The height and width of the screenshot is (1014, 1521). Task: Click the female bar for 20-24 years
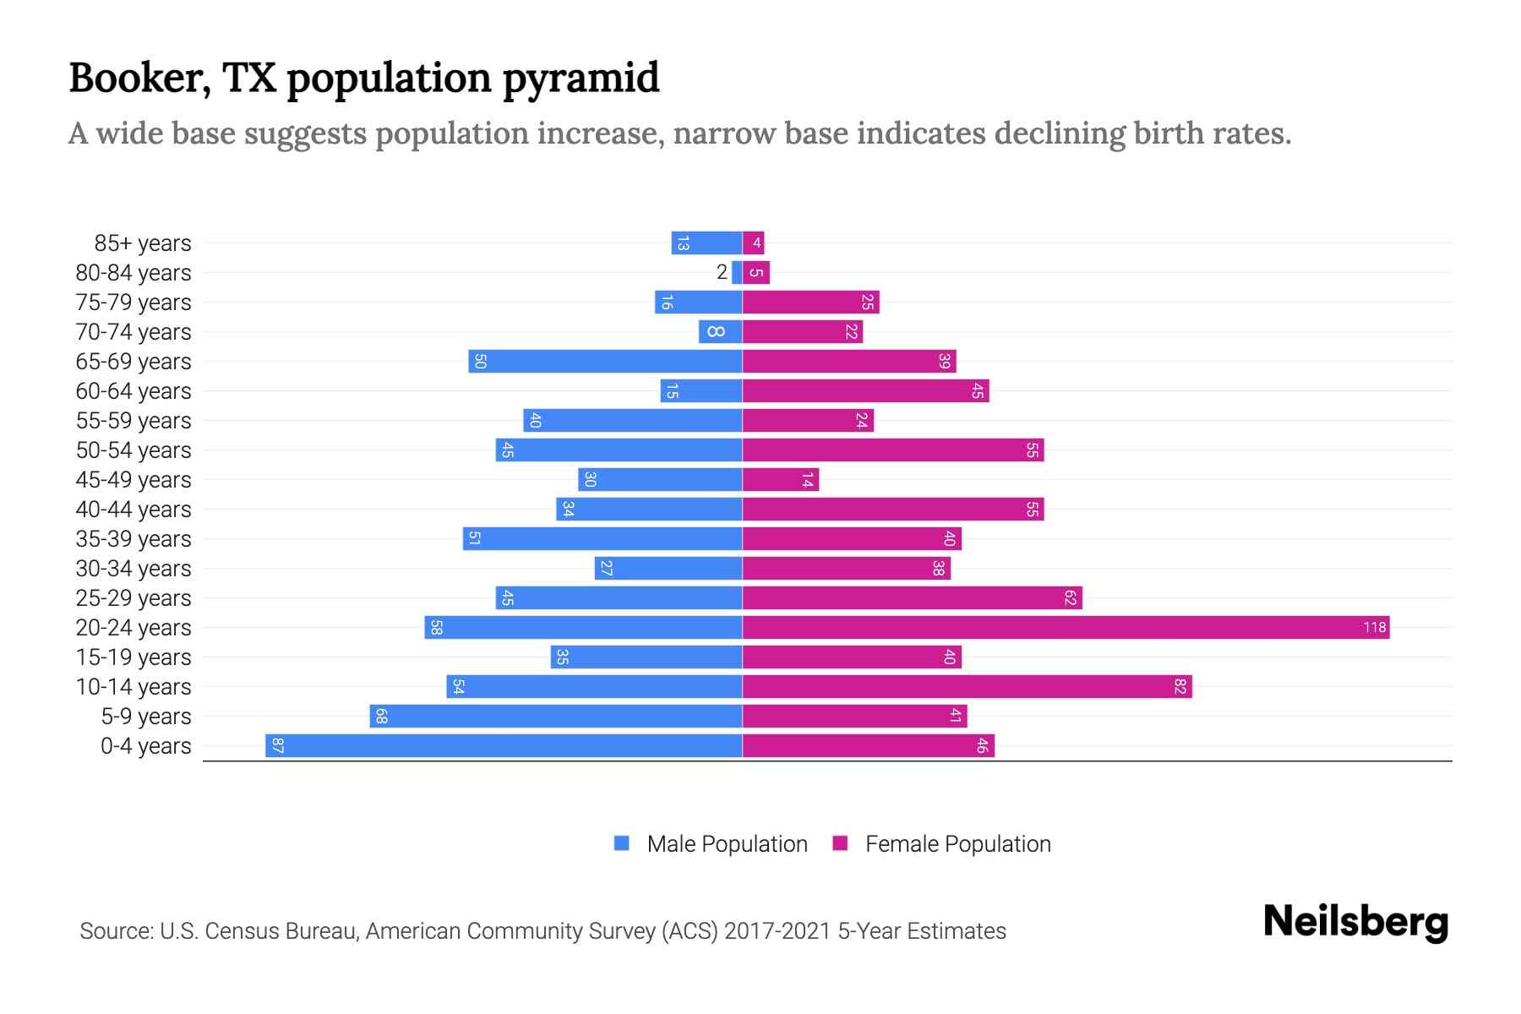1065,627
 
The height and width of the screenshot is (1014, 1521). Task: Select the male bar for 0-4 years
504,745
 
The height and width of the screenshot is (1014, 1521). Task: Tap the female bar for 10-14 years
967,686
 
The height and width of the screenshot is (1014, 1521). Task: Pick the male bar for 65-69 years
605,361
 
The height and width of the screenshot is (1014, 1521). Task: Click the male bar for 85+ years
706,243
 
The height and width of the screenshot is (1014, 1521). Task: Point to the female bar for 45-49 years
780,479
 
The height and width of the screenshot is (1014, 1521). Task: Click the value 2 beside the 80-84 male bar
722,272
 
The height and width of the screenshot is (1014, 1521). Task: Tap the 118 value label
1374,627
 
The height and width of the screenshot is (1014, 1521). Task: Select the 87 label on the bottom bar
278,745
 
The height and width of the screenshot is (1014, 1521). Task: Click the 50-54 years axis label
134,450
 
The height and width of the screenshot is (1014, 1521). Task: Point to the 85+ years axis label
143,243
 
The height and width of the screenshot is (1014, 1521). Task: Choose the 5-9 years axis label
146,716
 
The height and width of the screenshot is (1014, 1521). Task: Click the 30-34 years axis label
134,568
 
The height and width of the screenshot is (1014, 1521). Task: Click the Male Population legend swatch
622,843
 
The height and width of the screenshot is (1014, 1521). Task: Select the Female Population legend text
957,843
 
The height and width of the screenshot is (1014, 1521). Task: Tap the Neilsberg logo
1355,921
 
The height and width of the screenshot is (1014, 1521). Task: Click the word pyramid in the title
581,79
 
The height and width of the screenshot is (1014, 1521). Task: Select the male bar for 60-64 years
701,390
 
